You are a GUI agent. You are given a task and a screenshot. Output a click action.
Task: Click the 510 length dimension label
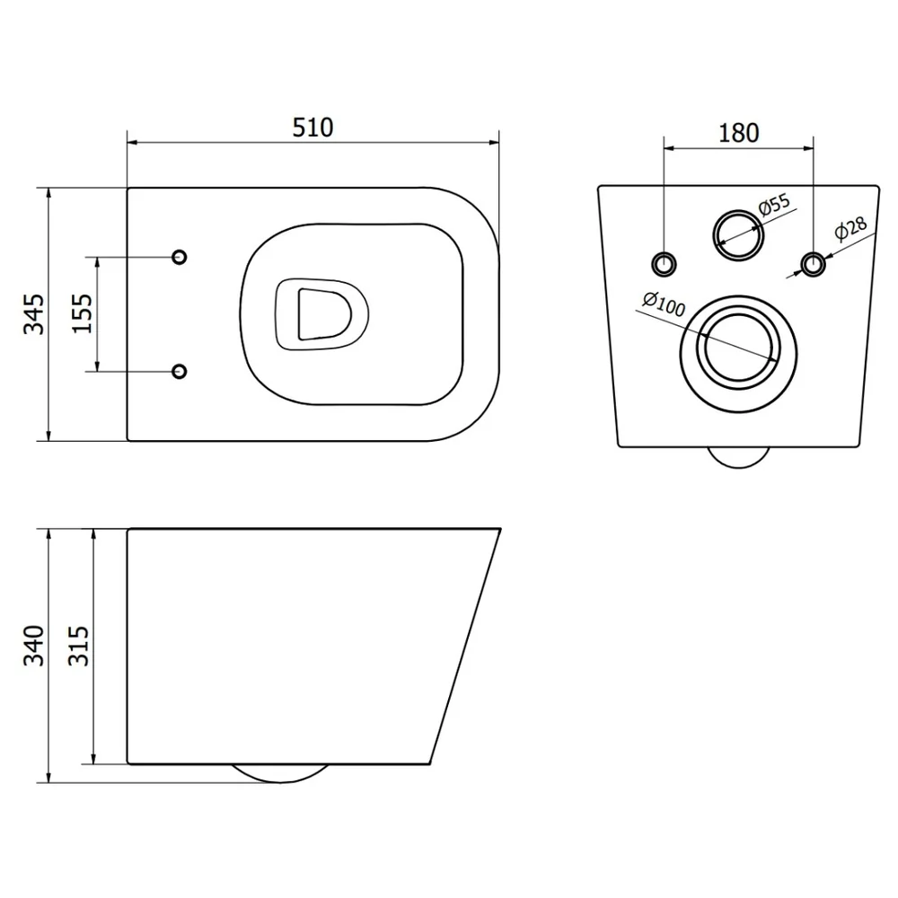pos(313,128)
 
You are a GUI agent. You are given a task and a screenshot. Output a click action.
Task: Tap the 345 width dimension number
pos(34,313)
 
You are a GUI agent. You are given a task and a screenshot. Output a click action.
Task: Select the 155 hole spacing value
pos(82,313)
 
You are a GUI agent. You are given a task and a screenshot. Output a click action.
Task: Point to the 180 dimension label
pos(739,133)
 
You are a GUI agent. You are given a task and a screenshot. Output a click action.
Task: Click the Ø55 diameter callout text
pos(774,205)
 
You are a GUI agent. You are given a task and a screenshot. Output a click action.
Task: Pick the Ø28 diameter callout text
pos(850,228)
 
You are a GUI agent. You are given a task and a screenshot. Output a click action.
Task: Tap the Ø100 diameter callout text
pos(664,304)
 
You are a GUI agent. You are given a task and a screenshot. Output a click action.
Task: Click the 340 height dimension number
pos(34,646)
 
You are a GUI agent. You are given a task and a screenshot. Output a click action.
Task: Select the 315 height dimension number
pos(79,646)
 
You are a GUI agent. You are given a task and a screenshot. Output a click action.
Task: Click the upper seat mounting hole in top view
pos(180,257)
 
